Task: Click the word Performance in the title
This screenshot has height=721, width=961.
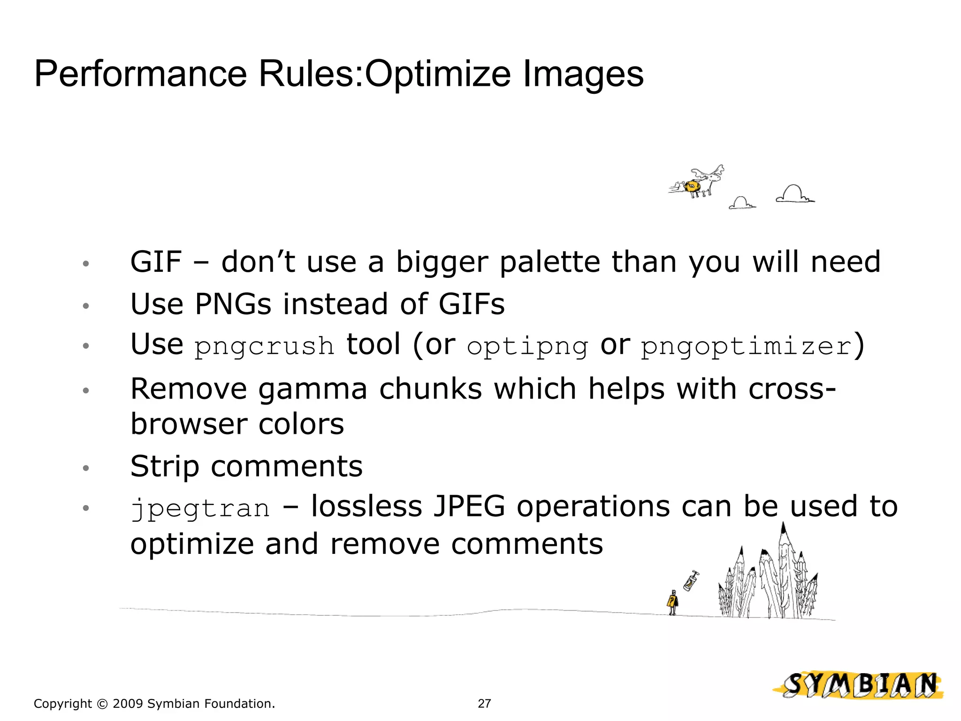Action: click(x=140, y=74)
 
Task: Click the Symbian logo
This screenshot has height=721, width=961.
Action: click(x=859, y=685)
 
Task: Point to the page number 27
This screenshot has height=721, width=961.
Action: click(x=484, y=703)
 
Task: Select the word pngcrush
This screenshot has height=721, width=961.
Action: click(x=264, y=346)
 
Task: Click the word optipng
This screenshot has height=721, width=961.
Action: click(x=527, y=346)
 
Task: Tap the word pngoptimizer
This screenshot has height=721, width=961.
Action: click(x=746, y=346)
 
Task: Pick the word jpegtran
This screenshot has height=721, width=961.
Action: click(x=200, y=508)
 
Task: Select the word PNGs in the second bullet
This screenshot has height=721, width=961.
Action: click(x=233, y=304)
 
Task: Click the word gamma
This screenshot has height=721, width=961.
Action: click(x=313, y=389)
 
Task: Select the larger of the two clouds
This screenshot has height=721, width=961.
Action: click(x=794, y=194)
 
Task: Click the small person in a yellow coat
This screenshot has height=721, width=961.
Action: click(x=672, y=603)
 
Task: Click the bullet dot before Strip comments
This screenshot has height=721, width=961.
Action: click(x=85, y=468)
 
